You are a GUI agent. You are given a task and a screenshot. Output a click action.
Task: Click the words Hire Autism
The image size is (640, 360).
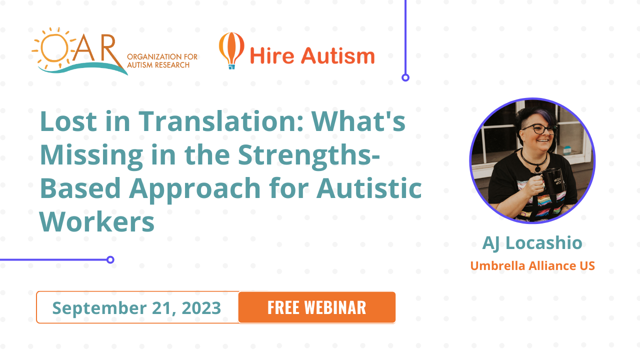click(312, 55)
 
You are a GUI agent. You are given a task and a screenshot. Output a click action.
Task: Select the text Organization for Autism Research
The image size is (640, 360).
click(162, 61)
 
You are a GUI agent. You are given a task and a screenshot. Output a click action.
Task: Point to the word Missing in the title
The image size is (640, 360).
click(91, 156)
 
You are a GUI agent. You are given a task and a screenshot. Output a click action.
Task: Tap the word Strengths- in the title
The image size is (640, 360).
click(309, 156)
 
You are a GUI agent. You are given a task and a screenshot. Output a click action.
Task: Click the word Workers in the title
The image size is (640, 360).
click(97, 221)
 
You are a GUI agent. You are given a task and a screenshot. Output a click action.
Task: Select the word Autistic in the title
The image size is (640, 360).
click(369, 188)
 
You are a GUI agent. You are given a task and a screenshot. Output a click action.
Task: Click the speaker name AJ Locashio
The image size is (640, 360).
click(532, 243)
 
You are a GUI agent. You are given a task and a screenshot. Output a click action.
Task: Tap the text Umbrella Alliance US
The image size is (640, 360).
click(532, 265)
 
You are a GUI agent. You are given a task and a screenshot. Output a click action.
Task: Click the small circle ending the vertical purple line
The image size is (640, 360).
click(405, 77)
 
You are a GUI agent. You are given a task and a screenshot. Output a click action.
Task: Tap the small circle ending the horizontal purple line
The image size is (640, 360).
click(110, 259)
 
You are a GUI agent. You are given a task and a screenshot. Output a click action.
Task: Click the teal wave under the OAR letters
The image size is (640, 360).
click(83, 68)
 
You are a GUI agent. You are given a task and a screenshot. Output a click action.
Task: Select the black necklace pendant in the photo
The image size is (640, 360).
click(537, 169)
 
